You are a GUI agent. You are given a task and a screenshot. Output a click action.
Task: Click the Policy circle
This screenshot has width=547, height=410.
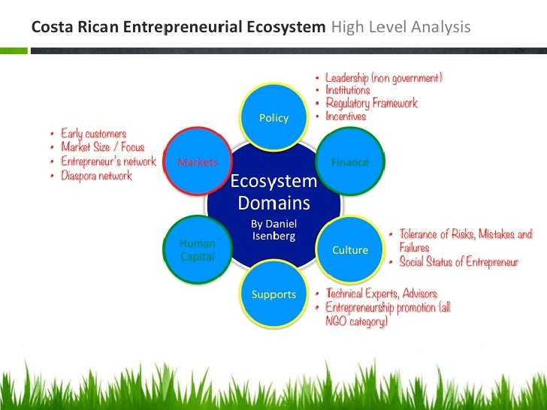click(273, 118)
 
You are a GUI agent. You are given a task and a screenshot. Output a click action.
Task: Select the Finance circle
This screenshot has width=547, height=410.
click(350, 162)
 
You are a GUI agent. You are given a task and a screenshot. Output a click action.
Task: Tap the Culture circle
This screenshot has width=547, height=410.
click(350, 250)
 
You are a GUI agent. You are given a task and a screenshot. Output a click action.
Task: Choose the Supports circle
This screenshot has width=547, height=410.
click(273, 294)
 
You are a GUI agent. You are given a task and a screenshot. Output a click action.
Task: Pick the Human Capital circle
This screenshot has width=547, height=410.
click(197, 250)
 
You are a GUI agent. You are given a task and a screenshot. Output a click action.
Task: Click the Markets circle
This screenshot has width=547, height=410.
click(197, 162)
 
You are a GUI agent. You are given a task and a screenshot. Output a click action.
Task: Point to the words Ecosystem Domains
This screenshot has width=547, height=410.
click(273, 192)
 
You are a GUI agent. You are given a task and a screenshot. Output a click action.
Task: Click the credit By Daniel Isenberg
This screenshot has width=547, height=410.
click(273, 230)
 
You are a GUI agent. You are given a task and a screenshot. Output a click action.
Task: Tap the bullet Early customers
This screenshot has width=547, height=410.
click(93, 134)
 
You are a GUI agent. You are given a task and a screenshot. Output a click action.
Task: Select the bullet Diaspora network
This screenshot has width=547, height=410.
click(96, 176)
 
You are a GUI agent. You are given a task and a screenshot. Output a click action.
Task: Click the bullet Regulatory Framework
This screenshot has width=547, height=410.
click(371, 103)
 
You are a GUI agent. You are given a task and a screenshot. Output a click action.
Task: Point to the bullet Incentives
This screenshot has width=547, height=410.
click(346, 116)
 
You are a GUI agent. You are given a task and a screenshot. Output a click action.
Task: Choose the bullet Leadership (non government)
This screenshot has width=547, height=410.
click(383, 77)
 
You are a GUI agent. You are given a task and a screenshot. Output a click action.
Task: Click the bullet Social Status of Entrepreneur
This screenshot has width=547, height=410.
click(458, 262)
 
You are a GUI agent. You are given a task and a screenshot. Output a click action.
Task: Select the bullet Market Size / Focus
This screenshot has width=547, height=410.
click(102, 147)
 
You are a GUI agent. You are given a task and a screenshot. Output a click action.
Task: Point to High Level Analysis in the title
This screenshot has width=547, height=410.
click(400, 29)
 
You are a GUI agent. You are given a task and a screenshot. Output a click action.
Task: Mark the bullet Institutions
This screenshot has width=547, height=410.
click(347, 90)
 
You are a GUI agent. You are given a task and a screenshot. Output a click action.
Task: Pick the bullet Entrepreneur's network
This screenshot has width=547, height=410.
click(108, 161)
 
